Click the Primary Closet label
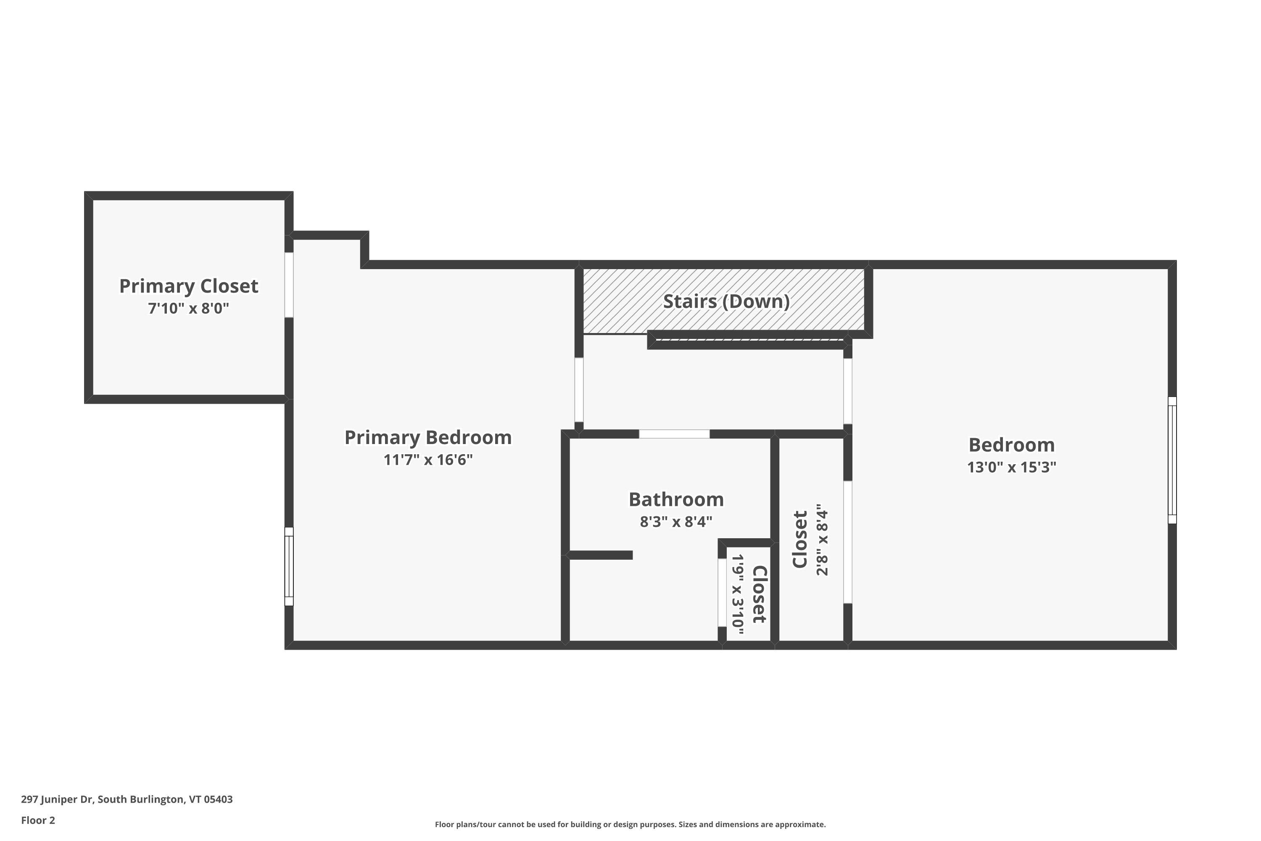pyautogui.click(x=188, y=286)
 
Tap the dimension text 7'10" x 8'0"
pyautogui.click(x=188, y=309)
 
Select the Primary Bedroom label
pyautogui.click(x=427, y=437)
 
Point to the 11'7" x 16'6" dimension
pyautogui.click(x=427, y=460)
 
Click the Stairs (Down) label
pyautogui.click(x=726, y=301)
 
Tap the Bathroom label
pyautogui.click(x=675, y=500)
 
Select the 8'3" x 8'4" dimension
pyautogui.click(x=675, y=522)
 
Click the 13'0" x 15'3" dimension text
pyautogui.click(x=1011, y=467)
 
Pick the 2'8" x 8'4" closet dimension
pyautogui.click(x=822, y=540)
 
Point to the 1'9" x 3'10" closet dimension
pyautogui.click(x=738, y=594)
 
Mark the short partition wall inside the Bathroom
pyautogui.click(x=601, y=555)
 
